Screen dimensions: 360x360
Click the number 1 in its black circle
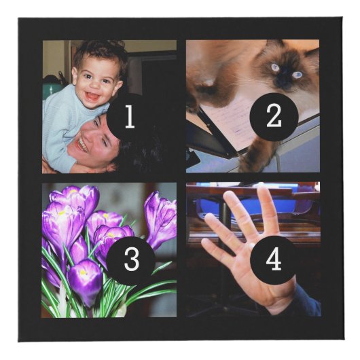click(x=130, y=116)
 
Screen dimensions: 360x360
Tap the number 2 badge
click(x=274, y=117)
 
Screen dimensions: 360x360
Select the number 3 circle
click(x=131, y=261)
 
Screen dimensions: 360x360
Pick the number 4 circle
click(x=273, y=260)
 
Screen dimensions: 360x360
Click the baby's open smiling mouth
click(x=92, y=96)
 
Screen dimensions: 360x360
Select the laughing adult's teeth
click(x=81, y=145)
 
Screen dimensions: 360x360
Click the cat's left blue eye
click(x=276, y=67)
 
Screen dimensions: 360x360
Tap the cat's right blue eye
click(x=297, y=75)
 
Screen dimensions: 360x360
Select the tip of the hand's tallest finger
click(x=261, y=188)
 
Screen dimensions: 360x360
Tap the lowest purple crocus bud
click(x=86, y=281)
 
